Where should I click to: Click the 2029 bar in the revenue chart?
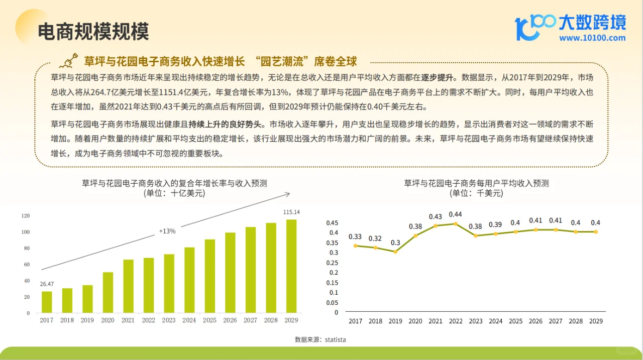coord(291,266)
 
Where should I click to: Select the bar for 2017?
coord(47,302)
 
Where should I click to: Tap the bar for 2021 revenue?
coord(128,286)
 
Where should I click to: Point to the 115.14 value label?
coord(291,212)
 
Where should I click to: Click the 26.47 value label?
coord(47,284)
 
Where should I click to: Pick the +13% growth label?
coord(167,231)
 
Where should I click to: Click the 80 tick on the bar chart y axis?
coord(27,248)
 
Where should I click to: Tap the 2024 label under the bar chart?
coord(189,320)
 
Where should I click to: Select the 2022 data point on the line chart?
coord(456,224)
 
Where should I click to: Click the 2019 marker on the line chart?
coord(395,252)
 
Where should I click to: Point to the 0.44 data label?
coord(455,214)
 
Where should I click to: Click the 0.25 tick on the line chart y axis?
coord(332,263)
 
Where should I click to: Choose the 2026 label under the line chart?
coord(535,321)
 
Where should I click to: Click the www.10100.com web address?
coord(592,38)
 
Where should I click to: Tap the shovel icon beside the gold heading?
coord(69,61)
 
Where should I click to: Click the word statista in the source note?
coord(335,339)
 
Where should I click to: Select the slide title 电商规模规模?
coord(93,31)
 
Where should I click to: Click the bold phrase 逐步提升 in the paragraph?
coord(437,77)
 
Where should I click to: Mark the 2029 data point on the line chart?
coord(596,232)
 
